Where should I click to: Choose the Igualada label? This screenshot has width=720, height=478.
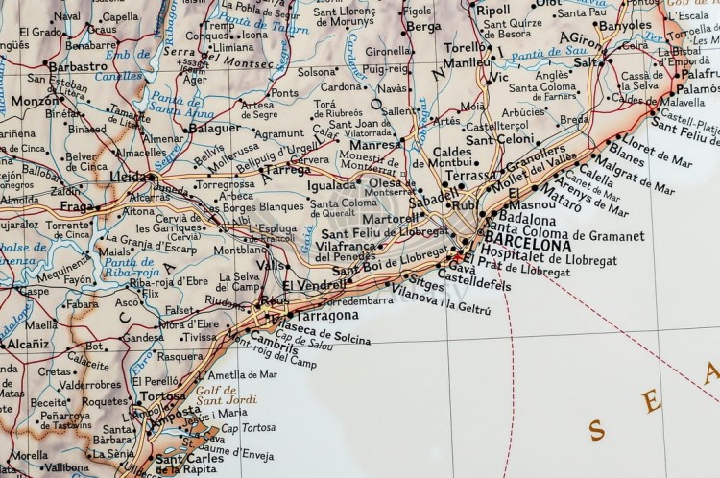click(331, 185)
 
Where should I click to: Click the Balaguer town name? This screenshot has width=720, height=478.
click(213, 128)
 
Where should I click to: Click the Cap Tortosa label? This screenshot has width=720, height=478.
click(248, 428)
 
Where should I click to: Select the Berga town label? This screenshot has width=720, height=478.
click(423, 27)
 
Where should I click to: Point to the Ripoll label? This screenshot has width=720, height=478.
click(492, 10)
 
